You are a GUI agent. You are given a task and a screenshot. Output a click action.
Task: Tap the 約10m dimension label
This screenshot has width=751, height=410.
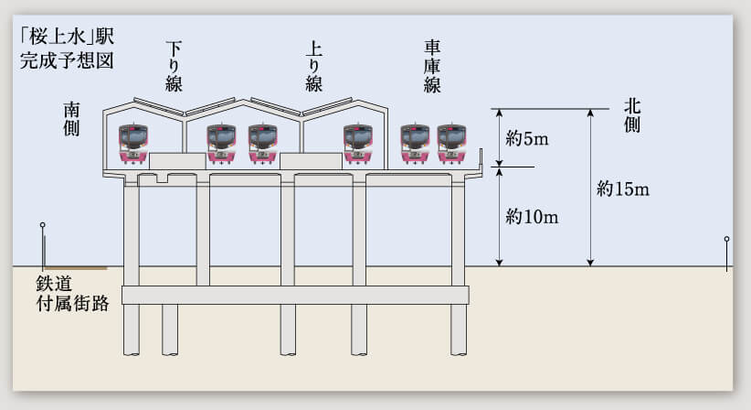pyautogui.click(x=532, y=217)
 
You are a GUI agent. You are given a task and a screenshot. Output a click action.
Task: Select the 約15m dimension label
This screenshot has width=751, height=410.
pyautogui.click(x=622, y=189)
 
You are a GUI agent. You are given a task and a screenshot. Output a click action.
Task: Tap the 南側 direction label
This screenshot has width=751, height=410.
pyautogui.click(x=72, y=118)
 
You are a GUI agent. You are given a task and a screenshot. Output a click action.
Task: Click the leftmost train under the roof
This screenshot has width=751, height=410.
pyautogui.click(x=133, y=144)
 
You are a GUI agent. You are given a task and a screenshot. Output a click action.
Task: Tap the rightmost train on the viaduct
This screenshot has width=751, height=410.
pyautogui.click(x=451, y=144)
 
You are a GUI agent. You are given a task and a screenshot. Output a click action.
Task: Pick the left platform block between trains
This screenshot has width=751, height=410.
pyautogui.click(x=177, y=161)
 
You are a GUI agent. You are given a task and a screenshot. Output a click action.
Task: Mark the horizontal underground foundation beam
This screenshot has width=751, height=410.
pyautogui.click(x=294, y=295)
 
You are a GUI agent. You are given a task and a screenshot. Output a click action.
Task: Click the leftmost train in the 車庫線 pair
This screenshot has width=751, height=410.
pyautogui.click(x=415, y=144)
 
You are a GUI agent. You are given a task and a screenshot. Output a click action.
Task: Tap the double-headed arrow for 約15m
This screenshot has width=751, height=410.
pyautogui.click(x=590, y=188)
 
